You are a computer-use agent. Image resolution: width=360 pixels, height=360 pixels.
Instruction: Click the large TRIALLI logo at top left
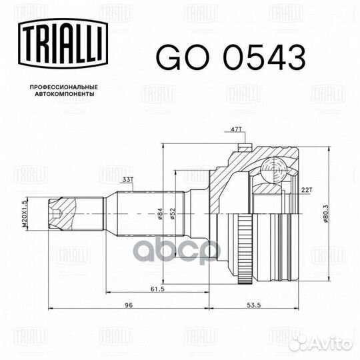[x=63, y=44]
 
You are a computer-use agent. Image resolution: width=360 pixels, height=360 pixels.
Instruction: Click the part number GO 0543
[x=231, y=57]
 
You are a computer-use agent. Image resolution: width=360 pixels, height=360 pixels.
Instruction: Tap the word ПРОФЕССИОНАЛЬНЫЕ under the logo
[x=64, y=87]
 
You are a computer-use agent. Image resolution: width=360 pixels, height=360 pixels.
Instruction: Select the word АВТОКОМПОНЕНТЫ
[x=65, y=94]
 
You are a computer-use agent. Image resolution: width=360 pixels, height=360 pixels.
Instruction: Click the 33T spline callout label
[x=127, y=180]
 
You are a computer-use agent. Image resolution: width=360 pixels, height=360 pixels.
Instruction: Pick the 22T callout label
[x=307, y=190]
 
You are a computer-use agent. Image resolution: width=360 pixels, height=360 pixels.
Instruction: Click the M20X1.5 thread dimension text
[x=25, y=213]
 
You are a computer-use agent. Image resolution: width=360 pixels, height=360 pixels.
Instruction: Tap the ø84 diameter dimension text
[x=160, y=214]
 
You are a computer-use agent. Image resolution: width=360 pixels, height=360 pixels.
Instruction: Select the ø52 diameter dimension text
[x=173, y=214]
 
